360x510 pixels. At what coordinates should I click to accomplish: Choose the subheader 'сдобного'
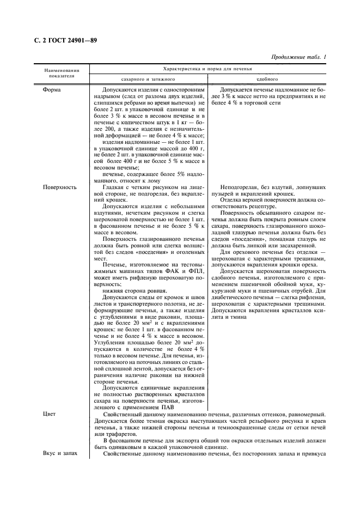click(267, 79)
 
